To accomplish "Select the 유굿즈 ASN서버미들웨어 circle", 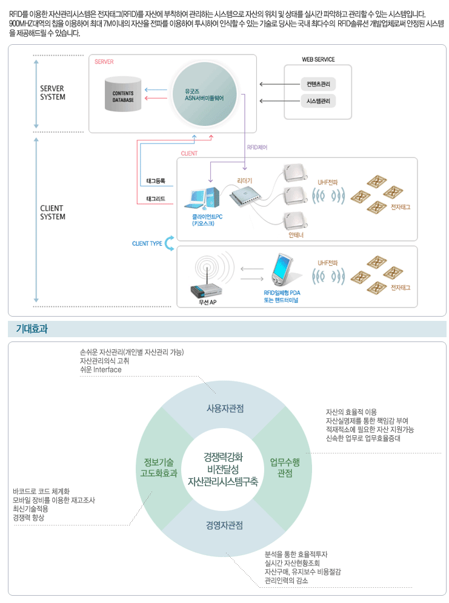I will tap(204, 93).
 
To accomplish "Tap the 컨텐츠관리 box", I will tap(318, 84).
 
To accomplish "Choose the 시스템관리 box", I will tap(318, 101).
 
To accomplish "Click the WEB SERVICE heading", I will tap(318, 59).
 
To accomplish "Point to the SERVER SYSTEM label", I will tap(53, 93).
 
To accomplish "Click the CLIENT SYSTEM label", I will tap(53, 213).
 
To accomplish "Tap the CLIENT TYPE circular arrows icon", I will tap(169, 243).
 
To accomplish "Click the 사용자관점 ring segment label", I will tap(225, 409).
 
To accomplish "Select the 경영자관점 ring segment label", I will tap(224, 526).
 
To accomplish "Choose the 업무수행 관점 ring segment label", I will tap(284, 467).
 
